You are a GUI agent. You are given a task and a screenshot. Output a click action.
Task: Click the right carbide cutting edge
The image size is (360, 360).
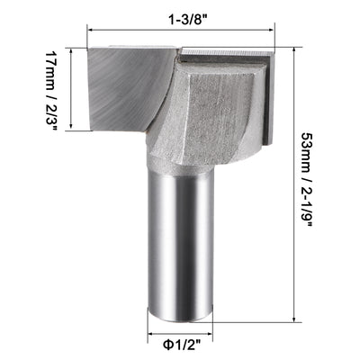coord(266,99)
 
